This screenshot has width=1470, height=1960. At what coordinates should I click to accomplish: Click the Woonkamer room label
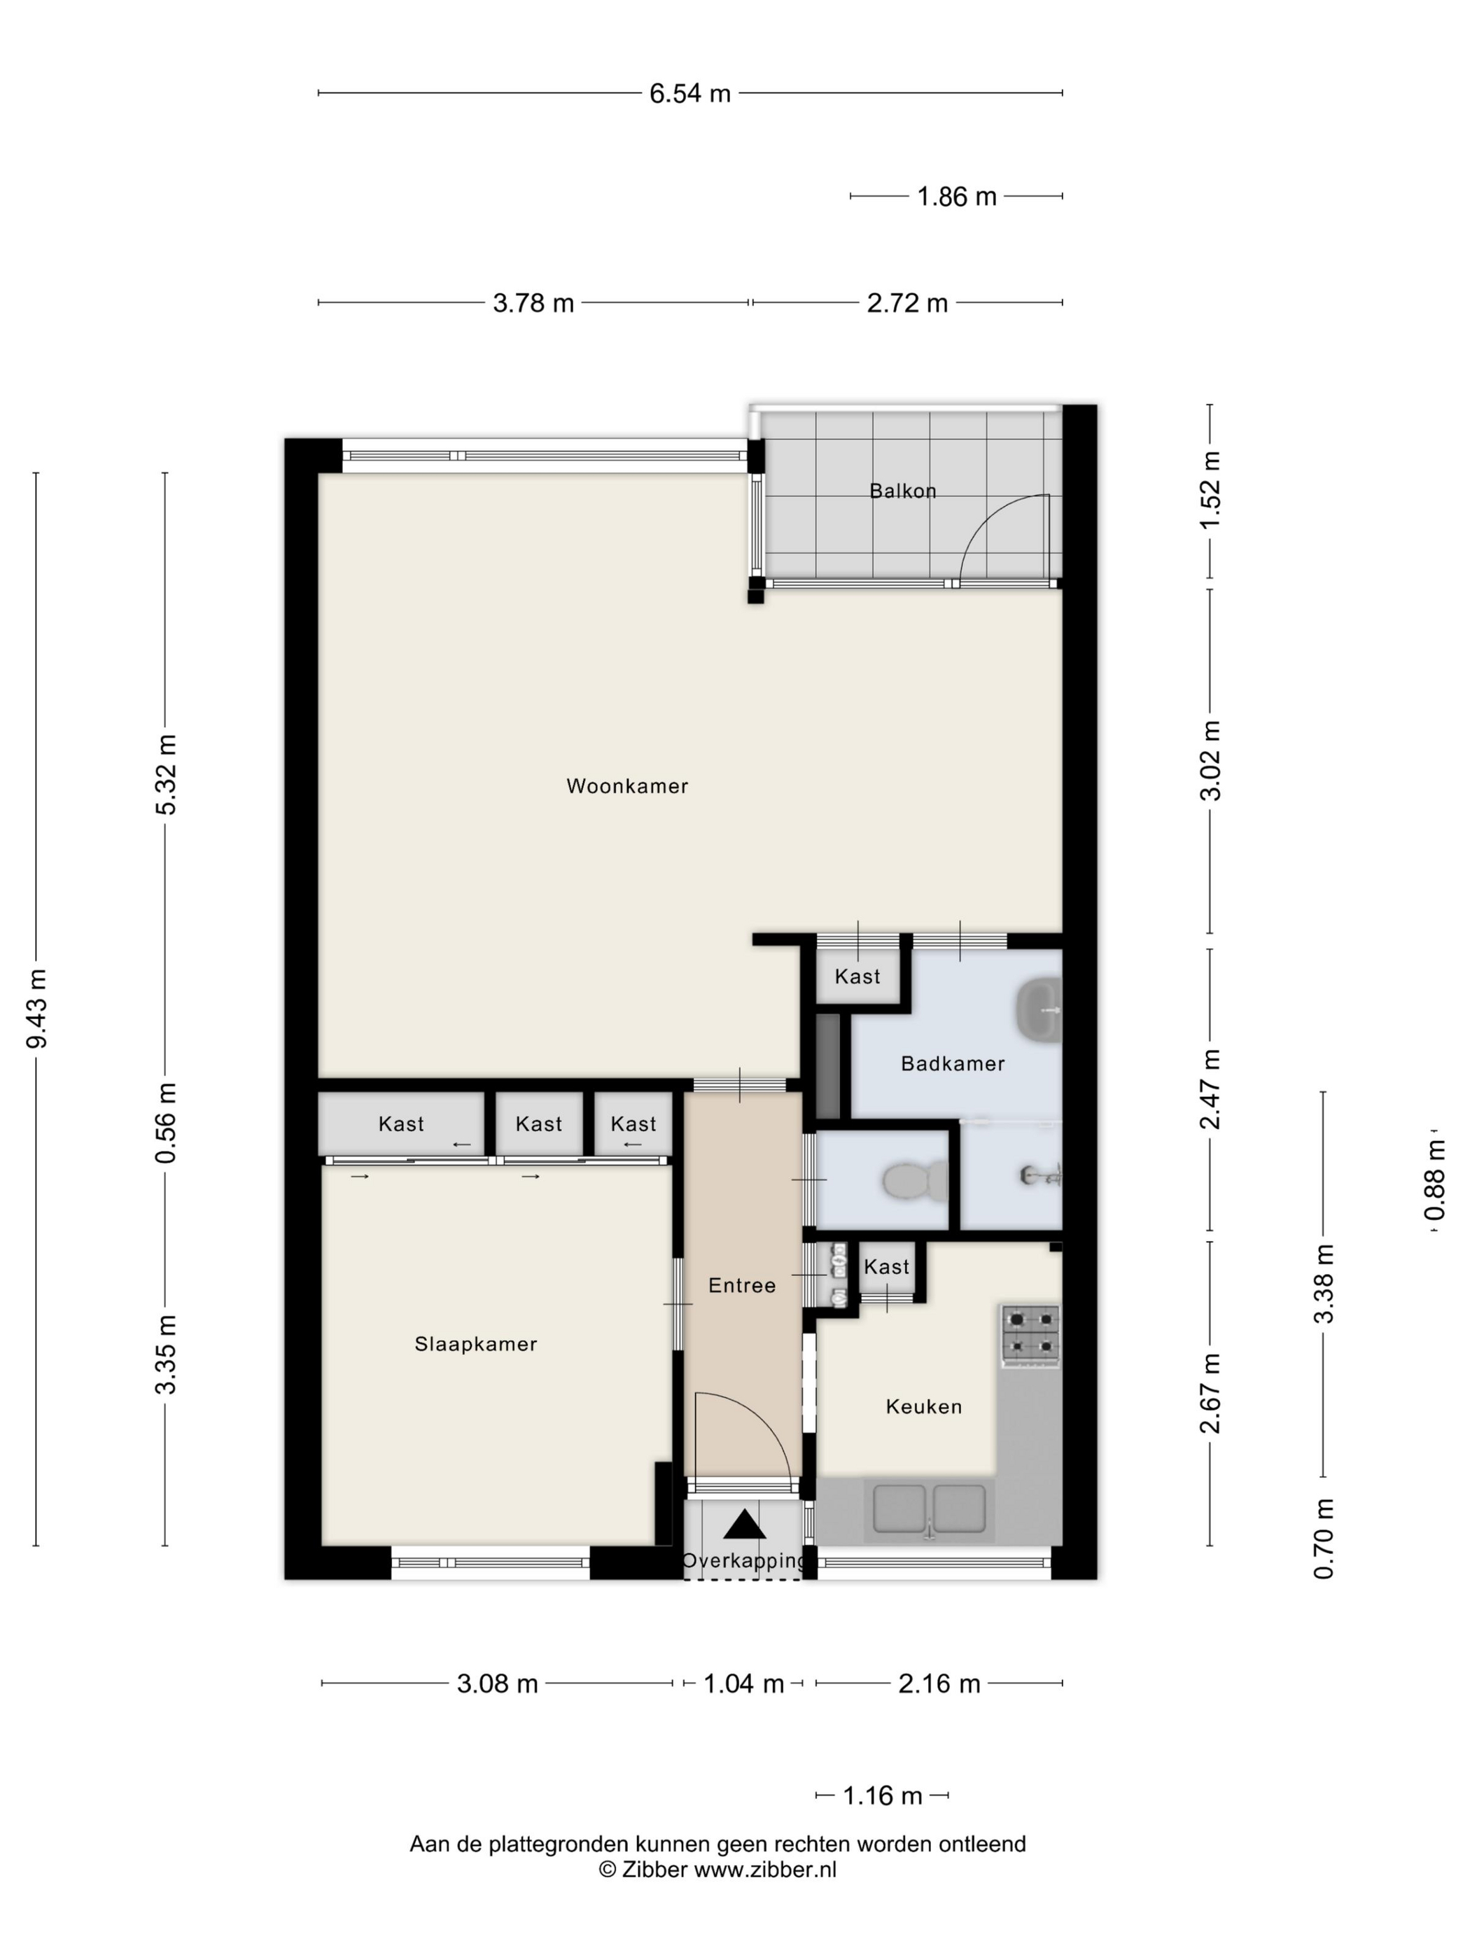(x=626, y=786)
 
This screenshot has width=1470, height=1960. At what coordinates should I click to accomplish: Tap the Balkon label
(x=903, y=491)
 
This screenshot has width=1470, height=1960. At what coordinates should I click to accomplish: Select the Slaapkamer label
(x=476, y=1344)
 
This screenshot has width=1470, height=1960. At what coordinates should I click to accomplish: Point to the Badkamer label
(x=953, y=1063)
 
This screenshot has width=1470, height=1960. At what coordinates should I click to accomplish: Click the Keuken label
(x=923, y=1406)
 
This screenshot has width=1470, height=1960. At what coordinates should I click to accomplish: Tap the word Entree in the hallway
(x=741, y=1284)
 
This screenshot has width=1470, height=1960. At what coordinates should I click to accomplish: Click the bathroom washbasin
(x=1039, y=1007)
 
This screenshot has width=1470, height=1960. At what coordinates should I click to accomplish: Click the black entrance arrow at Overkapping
(x=744, y=1524)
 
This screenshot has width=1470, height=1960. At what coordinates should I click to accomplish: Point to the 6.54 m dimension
(x=689, y=93)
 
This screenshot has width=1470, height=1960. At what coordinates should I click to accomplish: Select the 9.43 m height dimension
(x=36, y=1009)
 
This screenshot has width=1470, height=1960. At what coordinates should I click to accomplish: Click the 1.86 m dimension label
(x=956, y=197)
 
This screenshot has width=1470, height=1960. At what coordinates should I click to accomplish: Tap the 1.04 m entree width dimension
(x=743, y=1683)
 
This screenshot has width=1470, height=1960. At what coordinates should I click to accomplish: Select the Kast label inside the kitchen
(x=887, y=1267)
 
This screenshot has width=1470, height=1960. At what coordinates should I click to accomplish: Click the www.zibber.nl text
(x=764, y=1870)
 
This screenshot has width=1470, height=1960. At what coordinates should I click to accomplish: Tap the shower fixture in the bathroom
(x=1041, y=1177)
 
